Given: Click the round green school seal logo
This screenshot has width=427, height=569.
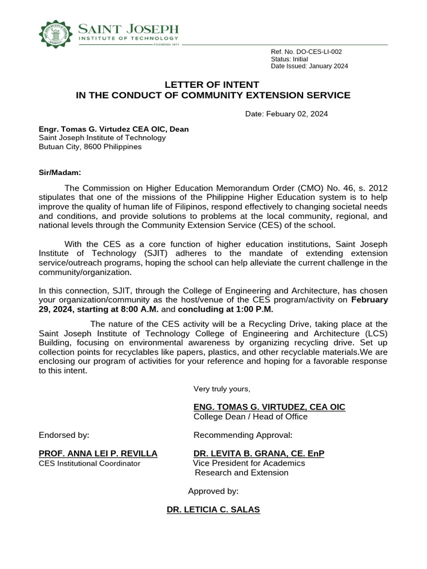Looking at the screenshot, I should point(56,34).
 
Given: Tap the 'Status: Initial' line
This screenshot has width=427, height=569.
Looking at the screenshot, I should point(289,59).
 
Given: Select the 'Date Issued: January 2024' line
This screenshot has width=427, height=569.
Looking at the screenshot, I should point(309,66).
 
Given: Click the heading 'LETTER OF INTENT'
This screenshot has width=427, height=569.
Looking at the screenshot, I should point(212,84).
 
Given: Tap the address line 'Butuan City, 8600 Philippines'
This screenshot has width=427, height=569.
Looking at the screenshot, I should point(90,147).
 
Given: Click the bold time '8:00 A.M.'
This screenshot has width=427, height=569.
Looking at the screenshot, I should point(141,309).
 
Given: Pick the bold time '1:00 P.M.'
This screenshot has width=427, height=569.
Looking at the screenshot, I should point(254,309).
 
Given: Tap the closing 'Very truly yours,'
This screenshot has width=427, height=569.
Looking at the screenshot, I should point(222,388).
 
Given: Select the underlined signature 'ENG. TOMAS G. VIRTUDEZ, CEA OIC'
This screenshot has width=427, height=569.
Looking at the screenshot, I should point(269,407).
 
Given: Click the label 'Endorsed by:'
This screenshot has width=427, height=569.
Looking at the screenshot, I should point(64,435).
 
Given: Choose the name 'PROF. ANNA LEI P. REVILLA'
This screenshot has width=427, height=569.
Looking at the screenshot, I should point(98,453).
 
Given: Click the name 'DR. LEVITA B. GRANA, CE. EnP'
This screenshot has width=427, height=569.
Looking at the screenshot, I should point(259,453).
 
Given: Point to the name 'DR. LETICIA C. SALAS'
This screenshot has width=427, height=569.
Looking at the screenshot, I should point(213,509).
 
